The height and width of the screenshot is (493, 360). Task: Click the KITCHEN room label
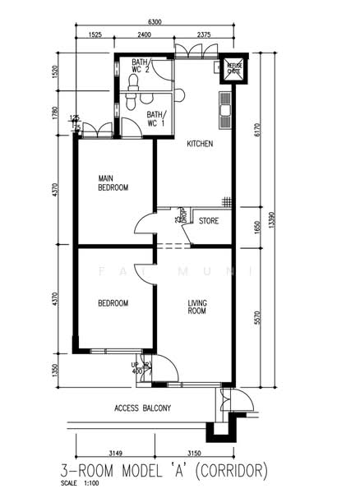point(200,144)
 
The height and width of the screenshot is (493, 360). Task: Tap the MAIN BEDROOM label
point(113,182)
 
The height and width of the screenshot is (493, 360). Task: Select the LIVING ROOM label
point(196,307)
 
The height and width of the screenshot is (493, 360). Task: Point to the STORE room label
point(210,220)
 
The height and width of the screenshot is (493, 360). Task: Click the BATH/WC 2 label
point(140,67)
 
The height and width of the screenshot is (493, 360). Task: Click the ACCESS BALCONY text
point(142,408)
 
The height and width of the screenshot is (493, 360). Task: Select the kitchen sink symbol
point(224,106)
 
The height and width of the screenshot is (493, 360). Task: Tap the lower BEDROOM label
point(113,303)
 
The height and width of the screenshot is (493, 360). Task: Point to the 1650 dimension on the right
point(258,226)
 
